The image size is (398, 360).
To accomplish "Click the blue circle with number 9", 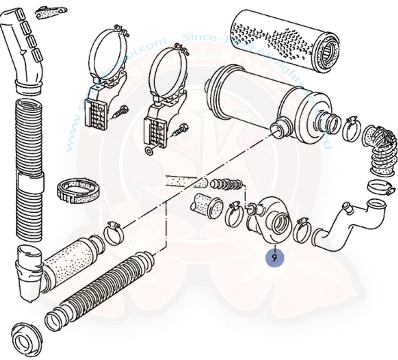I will [x=274, y=257].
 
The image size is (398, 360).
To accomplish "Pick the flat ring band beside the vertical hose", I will [x=78, y=192].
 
